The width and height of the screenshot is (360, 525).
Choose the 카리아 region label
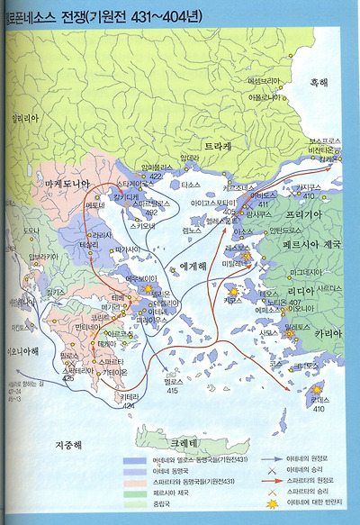click(328, 333)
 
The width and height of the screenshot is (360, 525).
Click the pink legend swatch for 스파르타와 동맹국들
click(130, 484)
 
